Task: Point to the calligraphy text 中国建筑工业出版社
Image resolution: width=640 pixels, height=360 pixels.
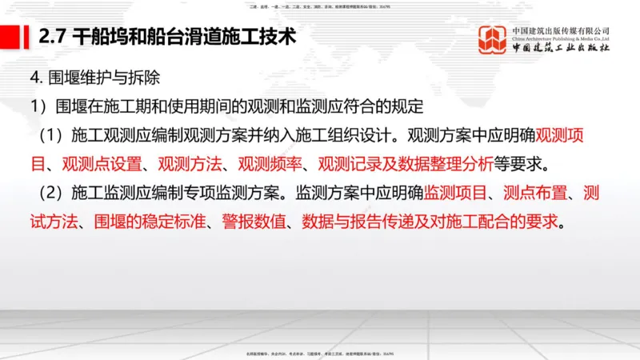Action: (x=560, y=49)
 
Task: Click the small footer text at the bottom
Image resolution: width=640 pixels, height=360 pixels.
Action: (x=319, y=354)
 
